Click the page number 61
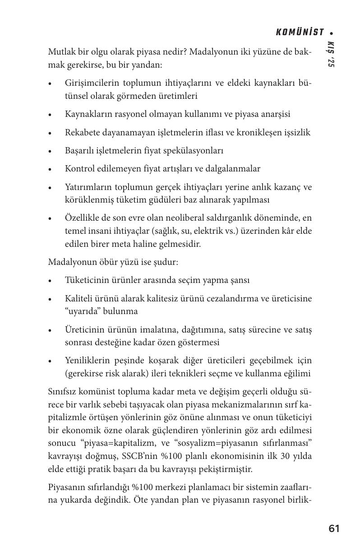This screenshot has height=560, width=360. pyautogui.click(x=334, y=528)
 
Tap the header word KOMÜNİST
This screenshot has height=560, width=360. pyautogui.click(x=300, y=32)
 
